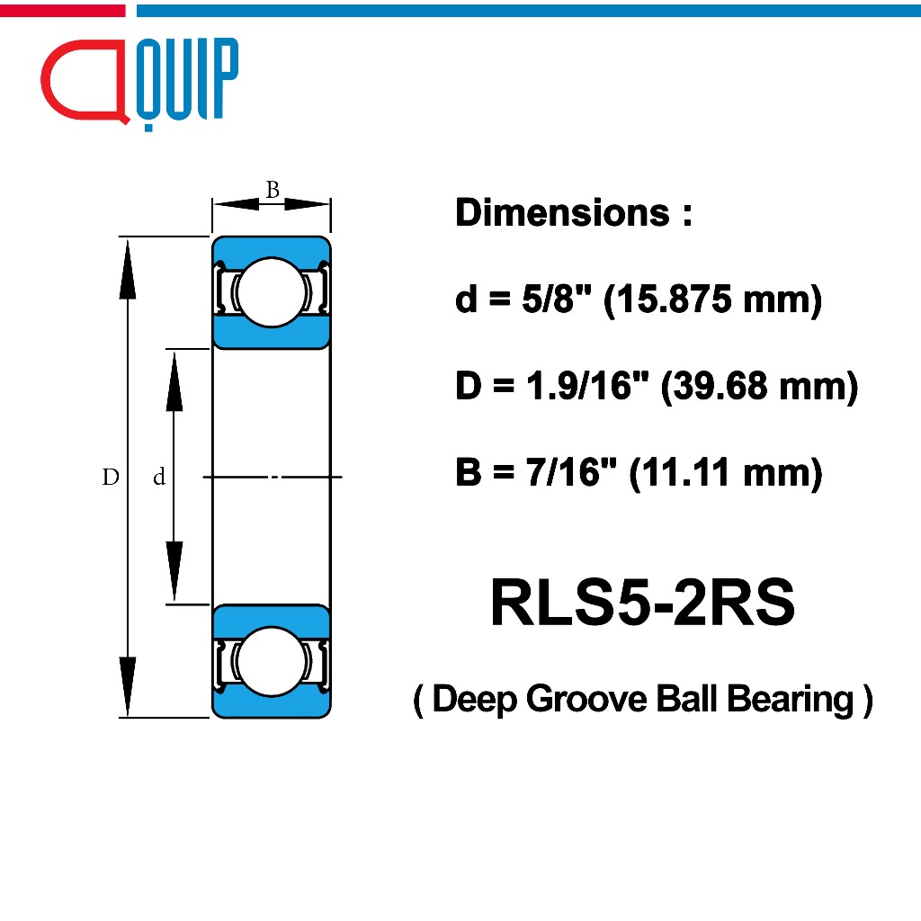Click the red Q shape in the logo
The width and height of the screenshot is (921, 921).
(x=44, y=79)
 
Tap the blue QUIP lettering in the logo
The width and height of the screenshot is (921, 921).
(x=187, y=81)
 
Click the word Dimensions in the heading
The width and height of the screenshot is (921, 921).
(x=562, y=212)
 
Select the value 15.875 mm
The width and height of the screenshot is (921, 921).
(x=712, y=300)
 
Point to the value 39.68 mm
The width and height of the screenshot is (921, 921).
(x=759, y=386)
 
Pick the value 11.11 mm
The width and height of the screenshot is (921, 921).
(x=726, y=472)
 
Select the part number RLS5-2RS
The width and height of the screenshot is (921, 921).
(x=642, y=602)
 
